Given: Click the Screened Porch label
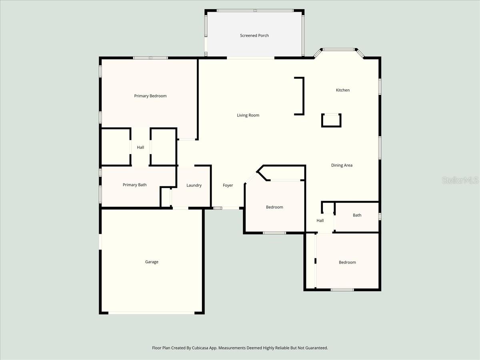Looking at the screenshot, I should point(254,36).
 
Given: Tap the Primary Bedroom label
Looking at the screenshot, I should point(150,96).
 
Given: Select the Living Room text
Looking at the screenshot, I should point(248,115).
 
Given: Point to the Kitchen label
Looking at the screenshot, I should point(343,90).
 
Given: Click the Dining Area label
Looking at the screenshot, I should point(342,165).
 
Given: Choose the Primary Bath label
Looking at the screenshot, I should point(134,185).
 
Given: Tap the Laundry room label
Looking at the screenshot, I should point(194,185).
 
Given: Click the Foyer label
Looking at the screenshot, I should point(228,185).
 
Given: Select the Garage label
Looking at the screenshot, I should point(152,262).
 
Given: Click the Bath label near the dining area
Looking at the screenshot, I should point(357,215).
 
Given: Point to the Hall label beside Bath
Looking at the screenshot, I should point(320,220).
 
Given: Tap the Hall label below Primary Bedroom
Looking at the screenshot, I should point(140,147).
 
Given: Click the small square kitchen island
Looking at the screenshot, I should point(331,120).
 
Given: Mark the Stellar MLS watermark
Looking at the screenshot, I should point(460,180).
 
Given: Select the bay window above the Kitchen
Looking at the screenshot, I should point(339,50).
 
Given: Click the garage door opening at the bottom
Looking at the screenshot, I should point(152,313).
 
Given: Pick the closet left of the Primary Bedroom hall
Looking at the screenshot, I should point(115,147).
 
